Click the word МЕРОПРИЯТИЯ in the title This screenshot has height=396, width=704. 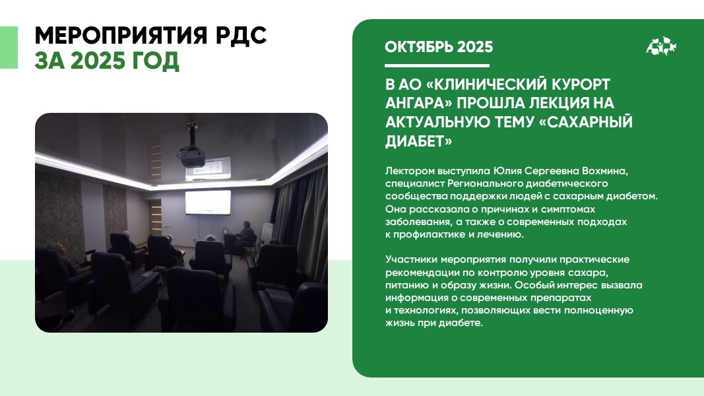121,36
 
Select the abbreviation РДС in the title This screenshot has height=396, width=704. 241,36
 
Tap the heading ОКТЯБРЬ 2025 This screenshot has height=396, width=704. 439,47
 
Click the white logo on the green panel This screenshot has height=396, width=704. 661,46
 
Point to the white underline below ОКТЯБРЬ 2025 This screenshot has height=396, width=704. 437,65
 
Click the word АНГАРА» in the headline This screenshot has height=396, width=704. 418,103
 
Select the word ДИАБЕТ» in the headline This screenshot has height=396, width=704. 418,141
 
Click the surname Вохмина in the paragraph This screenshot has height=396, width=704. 605,171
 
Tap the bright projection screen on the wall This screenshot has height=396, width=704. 208,202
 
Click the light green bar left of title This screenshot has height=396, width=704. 9,48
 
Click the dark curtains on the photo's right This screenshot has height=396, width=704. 301,220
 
